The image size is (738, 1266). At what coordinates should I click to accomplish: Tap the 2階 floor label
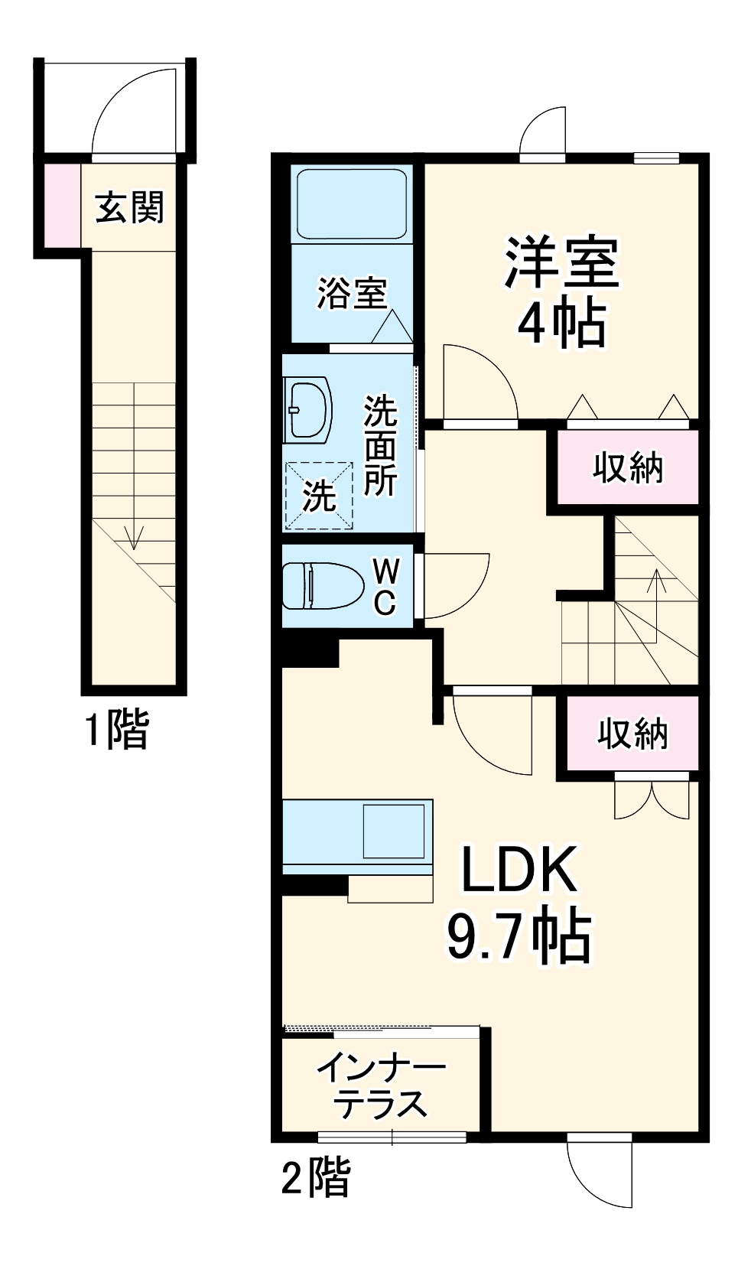pyautogui.click(x=316, y=1177)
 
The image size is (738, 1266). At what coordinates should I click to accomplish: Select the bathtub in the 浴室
pyautogui.click(x=351, y=203)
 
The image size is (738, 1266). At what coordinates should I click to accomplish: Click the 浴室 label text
pyautogui.click(x=352, y=293)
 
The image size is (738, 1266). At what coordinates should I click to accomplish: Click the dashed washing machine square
pyautogui.click(x=319, y=495)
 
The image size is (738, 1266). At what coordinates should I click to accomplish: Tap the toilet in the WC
pyautogui.click(x=321, y=585)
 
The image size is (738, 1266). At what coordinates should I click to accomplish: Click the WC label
pyautogui.click(x=385, y=586)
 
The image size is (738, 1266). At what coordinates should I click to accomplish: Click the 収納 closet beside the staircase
pyautogui.click(x=627, y=467)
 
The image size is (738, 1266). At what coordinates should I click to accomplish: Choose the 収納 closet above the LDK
pyautogui.click(x=632, y=733)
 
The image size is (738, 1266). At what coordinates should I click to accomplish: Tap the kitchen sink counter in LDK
pyautogui.click(x=357, y=837)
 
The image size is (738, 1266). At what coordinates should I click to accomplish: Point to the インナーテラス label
pyautogui.click(x=381, y=1085)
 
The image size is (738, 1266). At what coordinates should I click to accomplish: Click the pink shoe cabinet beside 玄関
pyautogui.click(x=60, y=204)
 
